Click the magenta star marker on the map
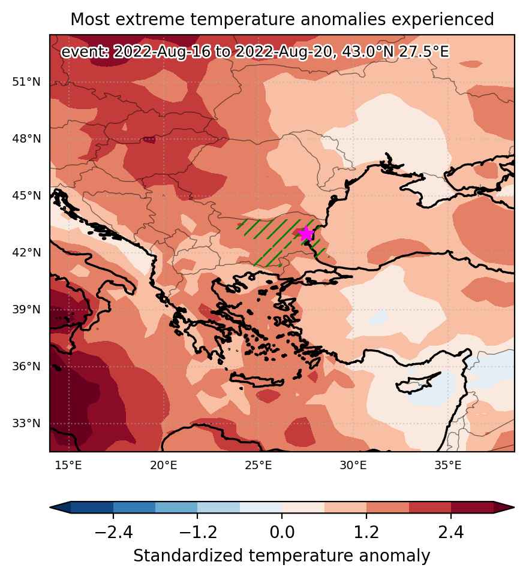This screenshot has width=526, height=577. [x=306, y=233]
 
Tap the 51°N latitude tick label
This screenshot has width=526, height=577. [x=26, y=81]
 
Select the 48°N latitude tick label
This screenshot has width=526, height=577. [x=26, y=139]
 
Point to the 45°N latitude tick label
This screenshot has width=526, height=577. [x=26, y=195]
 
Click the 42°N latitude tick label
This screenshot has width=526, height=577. [x=26, y=252]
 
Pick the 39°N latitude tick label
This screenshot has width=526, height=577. [x=26, y=310]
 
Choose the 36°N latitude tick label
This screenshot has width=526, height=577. [x=26, y=367]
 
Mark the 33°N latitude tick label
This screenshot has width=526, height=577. [x=26, y=423]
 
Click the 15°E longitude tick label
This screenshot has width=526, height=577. [x=68, y=466]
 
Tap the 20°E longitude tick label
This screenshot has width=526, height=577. [x=164, y=466]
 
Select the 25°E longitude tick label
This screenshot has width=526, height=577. [x=259, y=466]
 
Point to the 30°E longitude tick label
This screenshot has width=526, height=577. [x=353, y=466]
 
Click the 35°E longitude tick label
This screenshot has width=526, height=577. [x=448, y=466]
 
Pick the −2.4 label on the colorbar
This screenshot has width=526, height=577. [x=113, y=532]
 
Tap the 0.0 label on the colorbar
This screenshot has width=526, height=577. [x=282, y=532]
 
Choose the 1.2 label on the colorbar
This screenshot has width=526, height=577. [x=366, y=532]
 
